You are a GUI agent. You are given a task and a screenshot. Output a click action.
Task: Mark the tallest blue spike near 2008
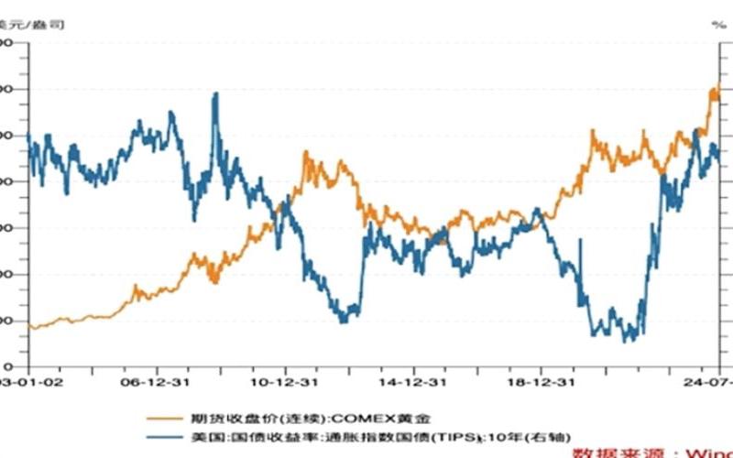pyautogui.click(x=215, y=93)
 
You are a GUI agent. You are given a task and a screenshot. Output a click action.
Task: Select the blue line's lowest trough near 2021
pyautogui.click(x=628, y=341)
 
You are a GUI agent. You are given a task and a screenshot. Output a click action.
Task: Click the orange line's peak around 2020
pyautogui.click(x=594, y=132)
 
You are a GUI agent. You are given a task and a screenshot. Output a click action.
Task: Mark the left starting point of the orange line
pyautogui.click(x=31, y=326)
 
